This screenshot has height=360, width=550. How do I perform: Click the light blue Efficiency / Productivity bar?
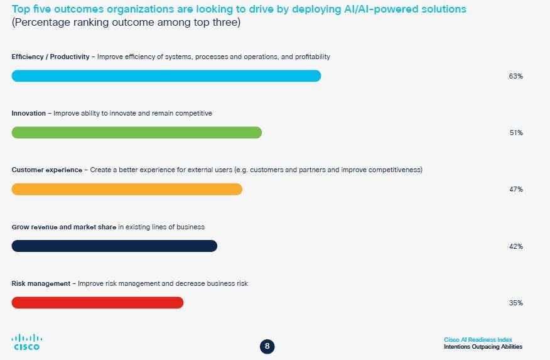(166, 76)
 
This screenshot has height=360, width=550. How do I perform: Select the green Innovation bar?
(136, 133)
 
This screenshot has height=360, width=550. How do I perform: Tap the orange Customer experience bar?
(126, 189)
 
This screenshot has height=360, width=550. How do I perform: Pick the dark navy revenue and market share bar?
(114, 246)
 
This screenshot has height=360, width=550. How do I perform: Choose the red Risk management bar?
(97, 302)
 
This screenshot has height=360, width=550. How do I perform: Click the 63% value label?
(515, 76)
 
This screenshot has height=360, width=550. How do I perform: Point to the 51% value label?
(515, 133)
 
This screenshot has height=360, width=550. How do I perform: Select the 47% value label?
(515, 189)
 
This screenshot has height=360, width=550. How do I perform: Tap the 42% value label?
(515, 246)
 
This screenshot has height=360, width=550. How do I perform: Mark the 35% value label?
(515, 303)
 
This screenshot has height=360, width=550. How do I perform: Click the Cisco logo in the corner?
(26, 342)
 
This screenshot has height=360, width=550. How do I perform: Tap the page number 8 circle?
(267, 346)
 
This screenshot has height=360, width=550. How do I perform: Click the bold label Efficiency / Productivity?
(51, 57)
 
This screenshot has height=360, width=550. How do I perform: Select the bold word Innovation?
(29, 113)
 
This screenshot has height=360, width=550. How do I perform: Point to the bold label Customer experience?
(46, 170)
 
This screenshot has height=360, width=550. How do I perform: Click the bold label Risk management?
(41, 283)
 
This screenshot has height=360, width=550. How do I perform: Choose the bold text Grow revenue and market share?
(63, 227)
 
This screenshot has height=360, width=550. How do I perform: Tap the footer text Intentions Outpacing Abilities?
(482, 347)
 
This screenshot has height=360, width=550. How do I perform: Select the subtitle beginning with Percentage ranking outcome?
(126, 23)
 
